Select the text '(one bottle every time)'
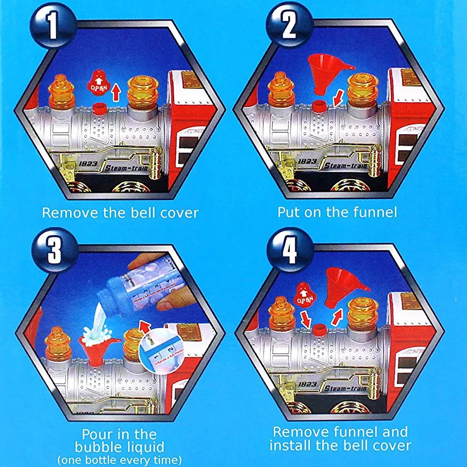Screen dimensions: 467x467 point(119,459)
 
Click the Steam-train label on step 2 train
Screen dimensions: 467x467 point(345,165)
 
